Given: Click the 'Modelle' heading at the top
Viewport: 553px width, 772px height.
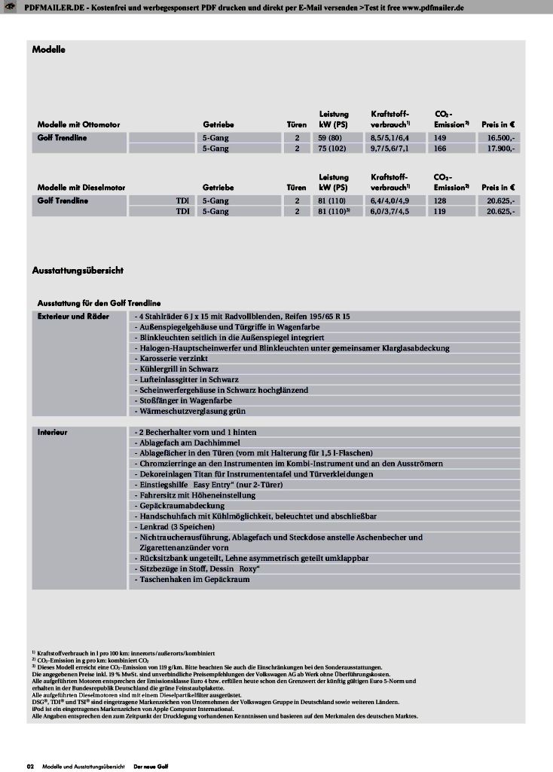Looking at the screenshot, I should coord(49,50).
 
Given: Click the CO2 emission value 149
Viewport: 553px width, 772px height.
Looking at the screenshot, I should coord(441,138).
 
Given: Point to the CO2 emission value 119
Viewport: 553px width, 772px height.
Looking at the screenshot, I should coord(441,212).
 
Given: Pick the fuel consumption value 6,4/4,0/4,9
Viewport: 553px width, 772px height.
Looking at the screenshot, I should coord(389,201).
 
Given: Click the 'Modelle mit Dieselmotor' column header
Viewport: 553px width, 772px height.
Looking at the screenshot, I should coord(81,187).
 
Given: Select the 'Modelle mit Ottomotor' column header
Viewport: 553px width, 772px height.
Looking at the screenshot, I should coord(79,124).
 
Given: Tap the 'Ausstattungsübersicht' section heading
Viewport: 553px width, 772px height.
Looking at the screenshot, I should coord(78,269).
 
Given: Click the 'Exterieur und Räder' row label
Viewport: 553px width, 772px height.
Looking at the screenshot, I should coord(74,317).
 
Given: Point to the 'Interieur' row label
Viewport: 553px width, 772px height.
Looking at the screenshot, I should coord(53,433).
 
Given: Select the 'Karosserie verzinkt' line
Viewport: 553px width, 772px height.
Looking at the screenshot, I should coord(167,359).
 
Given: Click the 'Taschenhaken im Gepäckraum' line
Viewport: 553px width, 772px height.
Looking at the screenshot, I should coord(192,580).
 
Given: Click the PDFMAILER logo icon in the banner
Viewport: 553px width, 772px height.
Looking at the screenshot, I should coord(10,6).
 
